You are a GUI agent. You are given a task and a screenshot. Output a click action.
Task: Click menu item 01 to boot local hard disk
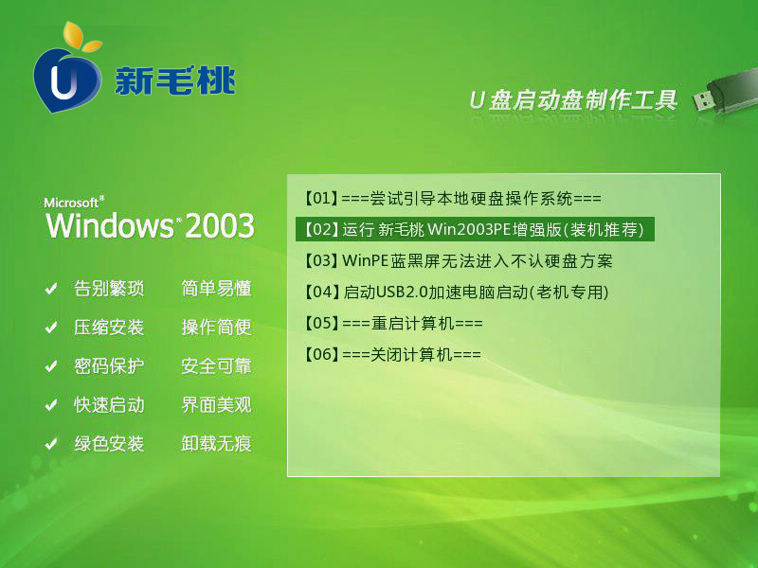[453, 198]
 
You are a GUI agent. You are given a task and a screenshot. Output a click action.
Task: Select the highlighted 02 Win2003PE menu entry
[475, 229]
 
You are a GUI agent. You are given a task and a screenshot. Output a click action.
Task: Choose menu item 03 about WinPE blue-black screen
[459, 261]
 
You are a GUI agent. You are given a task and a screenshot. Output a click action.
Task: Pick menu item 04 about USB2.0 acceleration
[457, 292]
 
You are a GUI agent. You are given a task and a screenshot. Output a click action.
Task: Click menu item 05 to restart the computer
[393, 323]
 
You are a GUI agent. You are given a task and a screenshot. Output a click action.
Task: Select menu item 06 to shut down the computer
[392, 354]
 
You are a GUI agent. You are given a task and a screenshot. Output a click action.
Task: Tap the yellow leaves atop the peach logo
[81, 37]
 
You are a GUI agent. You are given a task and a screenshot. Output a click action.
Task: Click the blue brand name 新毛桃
[175, 80]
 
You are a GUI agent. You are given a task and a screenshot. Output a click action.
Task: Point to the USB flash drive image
[724, 94]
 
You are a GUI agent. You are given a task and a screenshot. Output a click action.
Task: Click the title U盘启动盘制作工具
[573, 100]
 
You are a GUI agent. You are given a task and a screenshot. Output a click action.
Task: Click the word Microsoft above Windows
[73, 203]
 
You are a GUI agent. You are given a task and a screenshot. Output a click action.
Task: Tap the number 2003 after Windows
[220, 225]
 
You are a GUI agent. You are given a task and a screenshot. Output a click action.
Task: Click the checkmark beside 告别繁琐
[51, 289]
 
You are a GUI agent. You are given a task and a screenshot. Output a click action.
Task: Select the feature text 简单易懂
[217, 289]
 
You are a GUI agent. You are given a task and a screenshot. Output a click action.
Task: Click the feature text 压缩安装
[109, 328]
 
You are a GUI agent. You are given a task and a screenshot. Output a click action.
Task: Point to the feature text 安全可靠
[217, 366]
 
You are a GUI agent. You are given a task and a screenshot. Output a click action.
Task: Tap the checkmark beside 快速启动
[51, 405]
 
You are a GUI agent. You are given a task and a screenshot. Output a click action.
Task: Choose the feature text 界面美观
[217, 405]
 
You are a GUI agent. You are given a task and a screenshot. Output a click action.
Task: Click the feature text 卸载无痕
[217, 443]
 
